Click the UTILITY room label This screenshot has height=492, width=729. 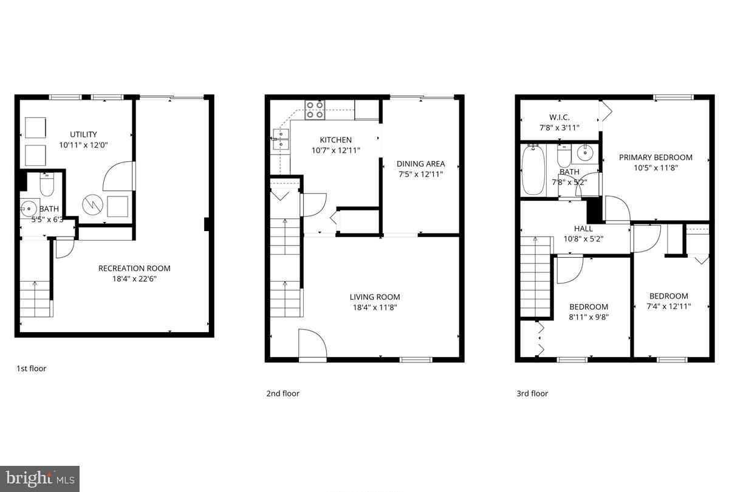[83, 134]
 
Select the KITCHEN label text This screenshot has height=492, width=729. [336, 140]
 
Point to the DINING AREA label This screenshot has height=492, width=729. [420, 164]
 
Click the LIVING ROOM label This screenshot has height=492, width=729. [375, 297]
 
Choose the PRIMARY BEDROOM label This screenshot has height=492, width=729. [655, 158]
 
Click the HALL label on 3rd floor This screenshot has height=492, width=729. [583, 229]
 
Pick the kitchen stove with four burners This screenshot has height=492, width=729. [315, 109]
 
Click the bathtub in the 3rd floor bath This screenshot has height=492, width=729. [533, 170]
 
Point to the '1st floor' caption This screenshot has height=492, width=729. [31, 369]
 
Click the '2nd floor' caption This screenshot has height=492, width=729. [282, 393]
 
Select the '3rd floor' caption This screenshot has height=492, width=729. [532, 393]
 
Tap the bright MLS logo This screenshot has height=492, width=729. [39, 479]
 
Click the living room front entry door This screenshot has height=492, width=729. [312, 345]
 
